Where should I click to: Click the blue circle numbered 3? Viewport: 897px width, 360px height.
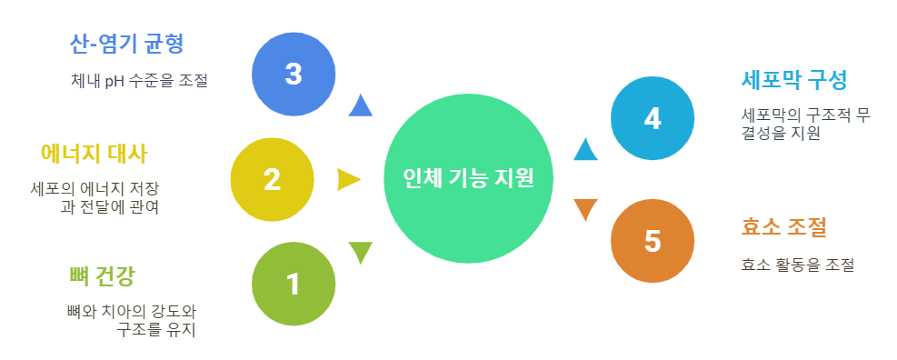(x=293, y=74)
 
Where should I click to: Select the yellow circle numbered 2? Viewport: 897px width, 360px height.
(x=272, y=179)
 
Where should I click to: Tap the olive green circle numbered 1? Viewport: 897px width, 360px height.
(x=293, y=284)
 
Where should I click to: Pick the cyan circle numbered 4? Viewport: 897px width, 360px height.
(x=652, y=119)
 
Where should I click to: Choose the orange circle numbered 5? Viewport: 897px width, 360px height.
(x=652, y=240)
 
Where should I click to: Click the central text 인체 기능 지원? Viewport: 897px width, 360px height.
(x=467, y=178)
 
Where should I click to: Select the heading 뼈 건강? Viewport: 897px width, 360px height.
(x=107, y=275)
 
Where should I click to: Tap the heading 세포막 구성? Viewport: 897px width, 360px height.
(x=794, y=80)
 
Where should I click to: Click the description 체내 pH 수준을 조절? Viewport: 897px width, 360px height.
(x=139, y=80)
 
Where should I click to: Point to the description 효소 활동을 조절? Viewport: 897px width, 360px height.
(x=797, y=265)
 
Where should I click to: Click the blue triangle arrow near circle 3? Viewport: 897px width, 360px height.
(x=361, y=106)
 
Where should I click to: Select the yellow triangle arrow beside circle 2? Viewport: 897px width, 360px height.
(x=348, y=179)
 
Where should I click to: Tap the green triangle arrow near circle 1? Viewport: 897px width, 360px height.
(x=361, y=251)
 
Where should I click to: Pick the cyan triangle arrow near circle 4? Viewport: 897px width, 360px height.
(x=585, y=149)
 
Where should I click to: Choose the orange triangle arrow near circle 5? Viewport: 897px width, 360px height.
(x=585, y=208)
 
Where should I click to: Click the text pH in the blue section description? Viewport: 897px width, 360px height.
(x=114, y=80)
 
